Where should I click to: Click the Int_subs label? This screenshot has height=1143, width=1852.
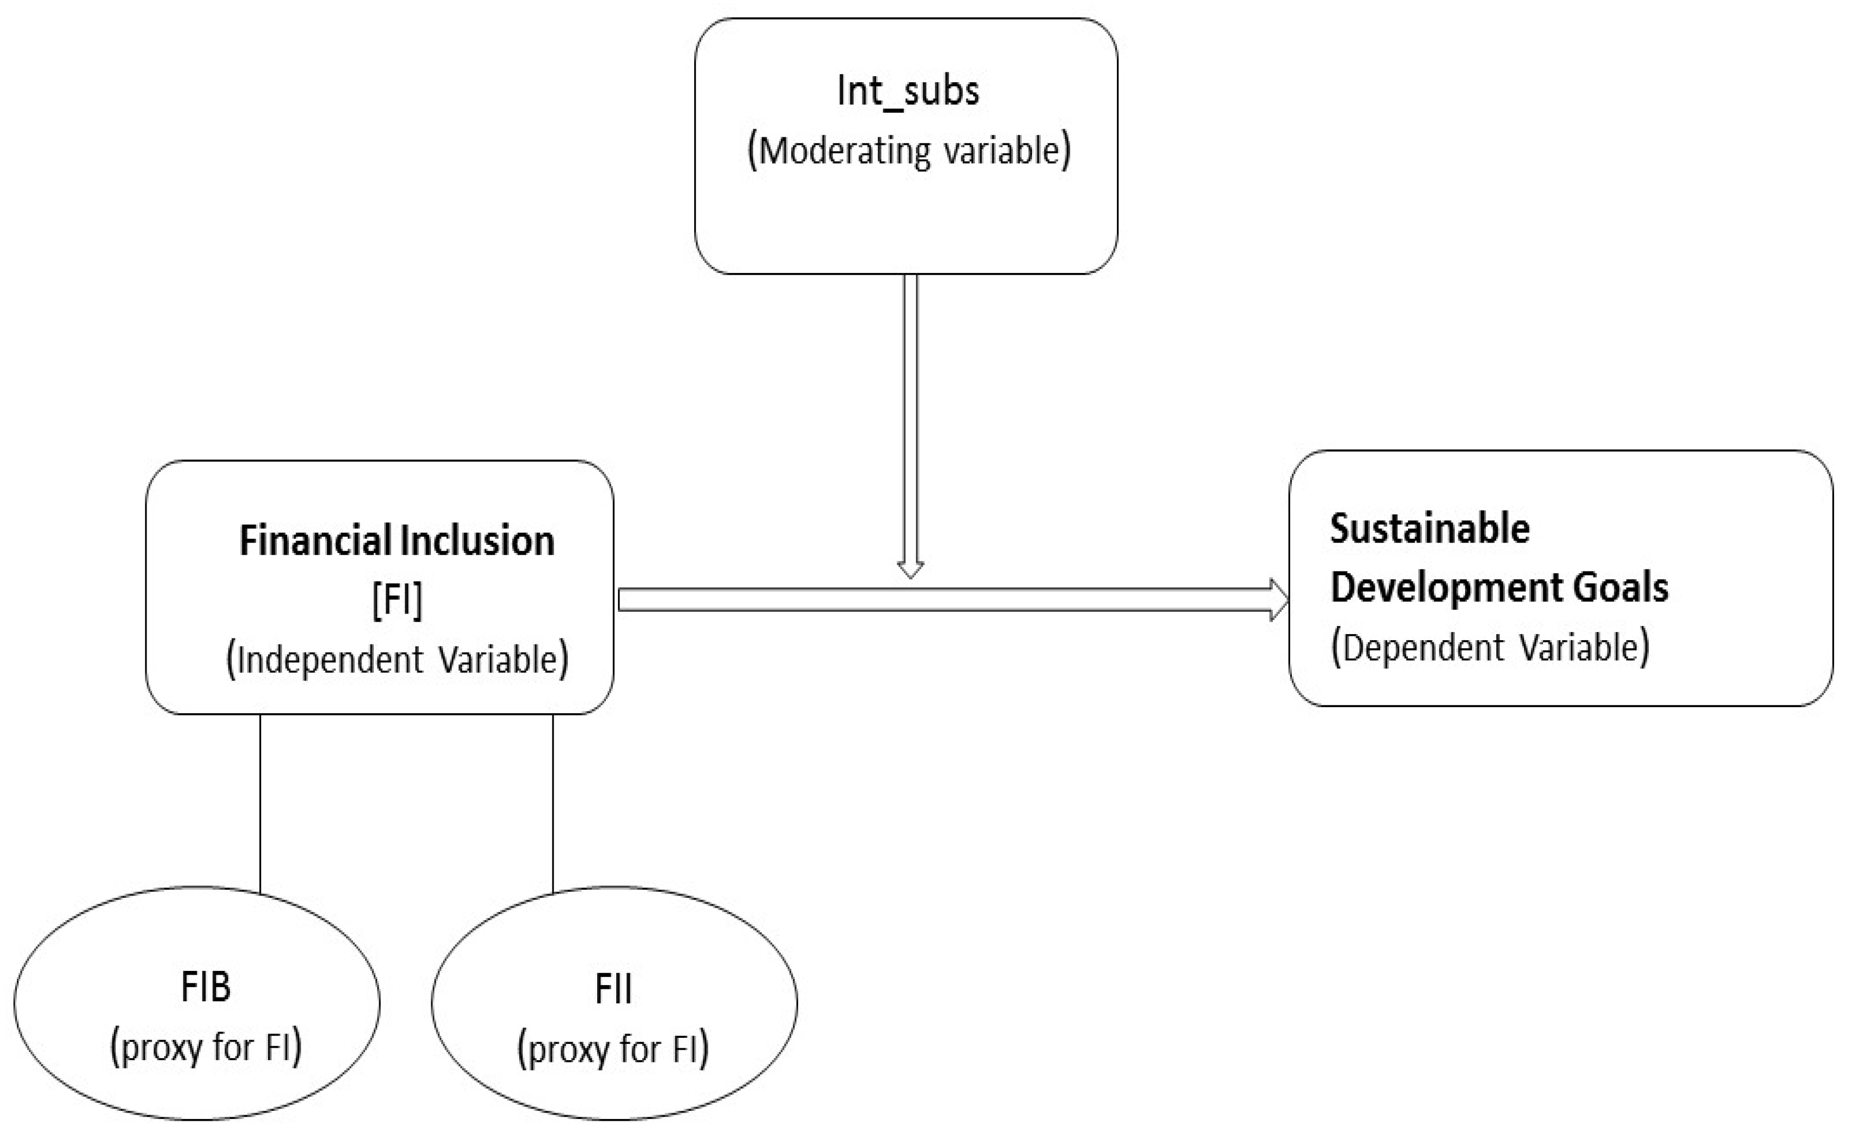tap(908, 92)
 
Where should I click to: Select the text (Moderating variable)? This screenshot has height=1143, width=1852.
tap(909, 150)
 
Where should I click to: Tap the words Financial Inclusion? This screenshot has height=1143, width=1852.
tap(396, 541)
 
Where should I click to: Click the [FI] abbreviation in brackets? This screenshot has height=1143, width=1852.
tap(397, 600)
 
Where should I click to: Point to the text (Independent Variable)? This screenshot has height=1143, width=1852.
tap(397, 660)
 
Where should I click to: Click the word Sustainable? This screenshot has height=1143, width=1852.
tap(1429, 528)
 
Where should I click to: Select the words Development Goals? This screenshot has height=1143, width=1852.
tap(1499, 587)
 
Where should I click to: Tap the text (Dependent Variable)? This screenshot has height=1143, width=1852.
tap(1490, 648)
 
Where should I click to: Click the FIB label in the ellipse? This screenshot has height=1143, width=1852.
tap(205, 987)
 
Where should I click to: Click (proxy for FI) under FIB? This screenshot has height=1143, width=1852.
tap(205, 1048)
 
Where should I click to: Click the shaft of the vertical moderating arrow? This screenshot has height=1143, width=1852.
tap(910, 416)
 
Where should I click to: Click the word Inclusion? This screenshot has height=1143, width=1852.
tap(477, 541)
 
